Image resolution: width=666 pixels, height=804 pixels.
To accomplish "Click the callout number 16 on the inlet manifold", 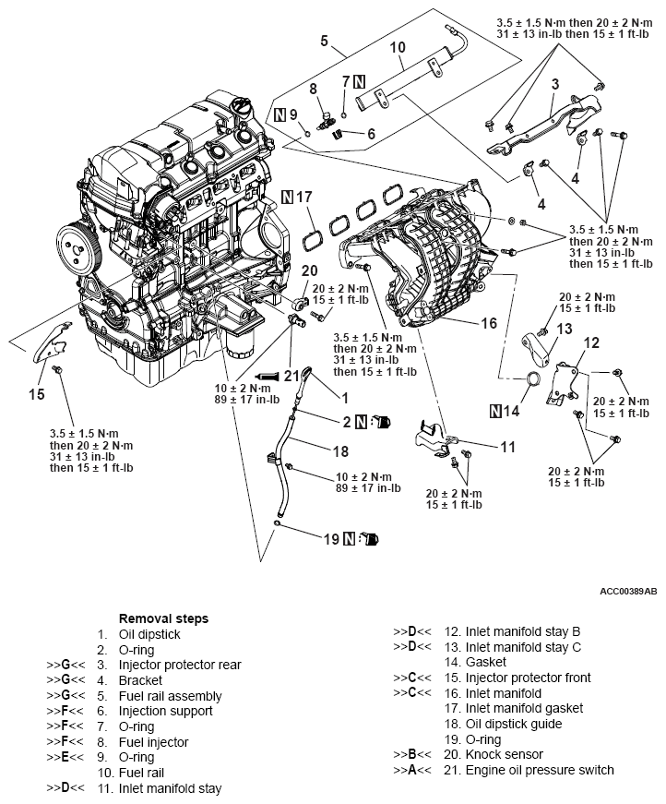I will (489, 323).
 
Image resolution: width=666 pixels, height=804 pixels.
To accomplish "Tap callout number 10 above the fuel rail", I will (398, 47).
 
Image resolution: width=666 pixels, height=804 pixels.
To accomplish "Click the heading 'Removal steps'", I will (163, 618).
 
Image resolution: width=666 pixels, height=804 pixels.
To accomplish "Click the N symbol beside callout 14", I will (498, 412).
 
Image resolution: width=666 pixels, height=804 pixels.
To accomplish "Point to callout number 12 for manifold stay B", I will (590, 342).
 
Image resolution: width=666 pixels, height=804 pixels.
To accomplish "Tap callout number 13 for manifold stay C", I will (565, 329).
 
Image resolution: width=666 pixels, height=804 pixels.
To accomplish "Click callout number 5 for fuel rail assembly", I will (324, 41).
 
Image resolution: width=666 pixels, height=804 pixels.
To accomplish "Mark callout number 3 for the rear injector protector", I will (555, 85).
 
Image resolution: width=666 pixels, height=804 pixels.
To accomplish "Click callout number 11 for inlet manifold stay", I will (507, 447).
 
